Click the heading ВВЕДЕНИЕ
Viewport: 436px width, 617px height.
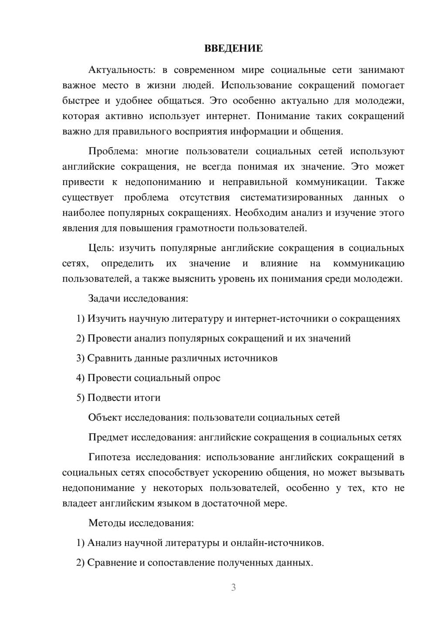click(233, 48)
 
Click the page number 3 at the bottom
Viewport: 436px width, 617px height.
click(233, 587)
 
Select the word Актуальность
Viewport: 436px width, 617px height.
click(122, 70)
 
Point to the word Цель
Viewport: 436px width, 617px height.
click(101, 248)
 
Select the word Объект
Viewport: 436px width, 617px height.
click(105, 417)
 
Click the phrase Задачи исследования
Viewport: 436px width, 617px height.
click(138, 298)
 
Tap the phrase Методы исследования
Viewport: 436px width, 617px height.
click(141, 523)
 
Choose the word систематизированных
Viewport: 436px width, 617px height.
click(291, 197)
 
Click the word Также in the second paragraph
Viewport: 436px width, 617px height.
click(390, 182)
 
